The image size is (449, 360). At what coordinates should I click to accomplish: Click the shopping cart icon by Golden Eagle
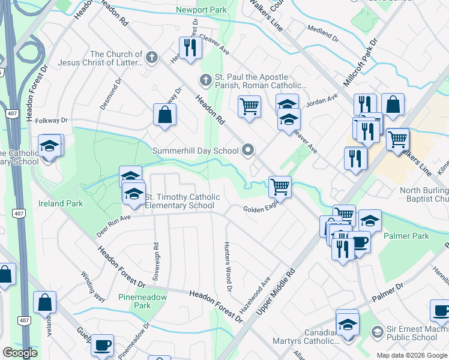[x=280, y=186]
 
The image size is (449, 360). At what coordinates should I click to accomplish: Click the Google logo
[x=20, y=353]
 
